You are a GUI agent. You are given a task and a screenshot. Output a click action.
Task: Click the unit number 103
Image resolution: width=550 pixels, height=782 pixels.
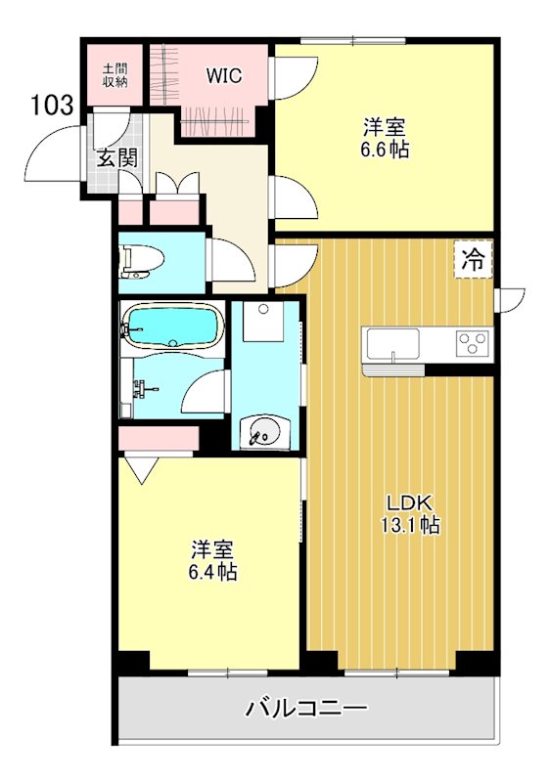tap(53, 105)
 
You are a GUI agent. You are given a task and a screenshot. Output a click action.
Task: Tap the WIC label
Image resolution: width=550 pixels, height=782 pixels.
tap(224, 76)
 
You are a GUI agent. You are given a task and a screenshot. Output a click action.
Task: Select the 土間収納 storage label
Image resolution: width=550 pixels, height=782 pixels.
tap(115, 75)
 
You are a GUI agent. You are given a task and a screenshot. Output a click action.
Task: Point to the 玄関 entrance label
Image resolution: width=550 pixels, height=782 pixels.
tap(116, 158)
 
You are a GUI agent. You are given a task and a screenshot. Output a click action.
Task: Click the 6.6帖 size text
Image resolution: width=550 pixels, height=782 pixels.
tap(385, 150)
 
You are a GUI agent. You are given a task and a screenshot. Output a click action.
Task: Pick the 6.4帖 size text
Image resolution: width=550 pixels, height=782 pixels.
tap(212, 572)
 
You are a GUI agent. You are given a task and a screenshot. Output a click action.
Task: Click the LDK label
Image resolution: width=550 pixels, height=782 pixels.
tap(410, 502)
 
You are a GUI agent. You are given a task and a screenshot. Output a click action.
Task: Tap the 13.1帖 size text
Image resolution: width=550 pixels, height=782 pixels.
tap(410, 525)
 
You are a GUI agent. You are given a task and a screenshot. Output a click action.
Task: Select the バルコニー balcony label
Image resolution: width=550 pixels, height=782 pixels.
tap(306, 707)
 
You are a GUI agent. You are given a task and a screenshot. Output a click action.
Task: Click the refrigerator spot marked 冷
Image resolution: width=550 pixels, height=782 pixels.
tap(473, 259)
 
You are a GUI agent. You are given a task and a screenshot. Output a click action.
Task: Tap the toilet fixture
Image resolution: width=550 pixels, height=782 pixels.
tap(142, 261)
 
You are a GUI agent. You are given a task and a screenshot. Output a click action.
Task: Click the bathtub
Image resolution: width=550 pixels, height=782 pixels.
tap(172, 326)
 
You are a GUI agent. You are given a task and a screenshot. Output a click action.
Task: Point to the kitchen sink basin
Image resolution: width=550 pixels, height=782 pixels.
tap(392, 344)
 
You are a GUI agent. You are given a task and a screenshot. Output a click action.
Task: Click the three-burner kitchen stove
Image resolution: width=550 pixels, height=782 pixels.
tap(473, 344)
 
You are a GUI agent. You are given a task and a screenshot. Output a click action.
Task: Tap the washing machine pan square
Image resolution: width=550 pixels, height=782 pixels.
tap(263, 321)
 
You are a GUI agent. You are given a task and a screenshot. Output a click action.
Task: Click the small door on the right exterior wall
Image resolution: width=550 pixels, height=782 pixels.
tap(510, 300)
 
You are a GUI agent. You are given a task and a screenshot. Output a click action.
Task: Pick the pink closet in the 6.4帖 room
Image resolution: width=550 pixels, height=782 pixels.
tap(159, 438)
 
